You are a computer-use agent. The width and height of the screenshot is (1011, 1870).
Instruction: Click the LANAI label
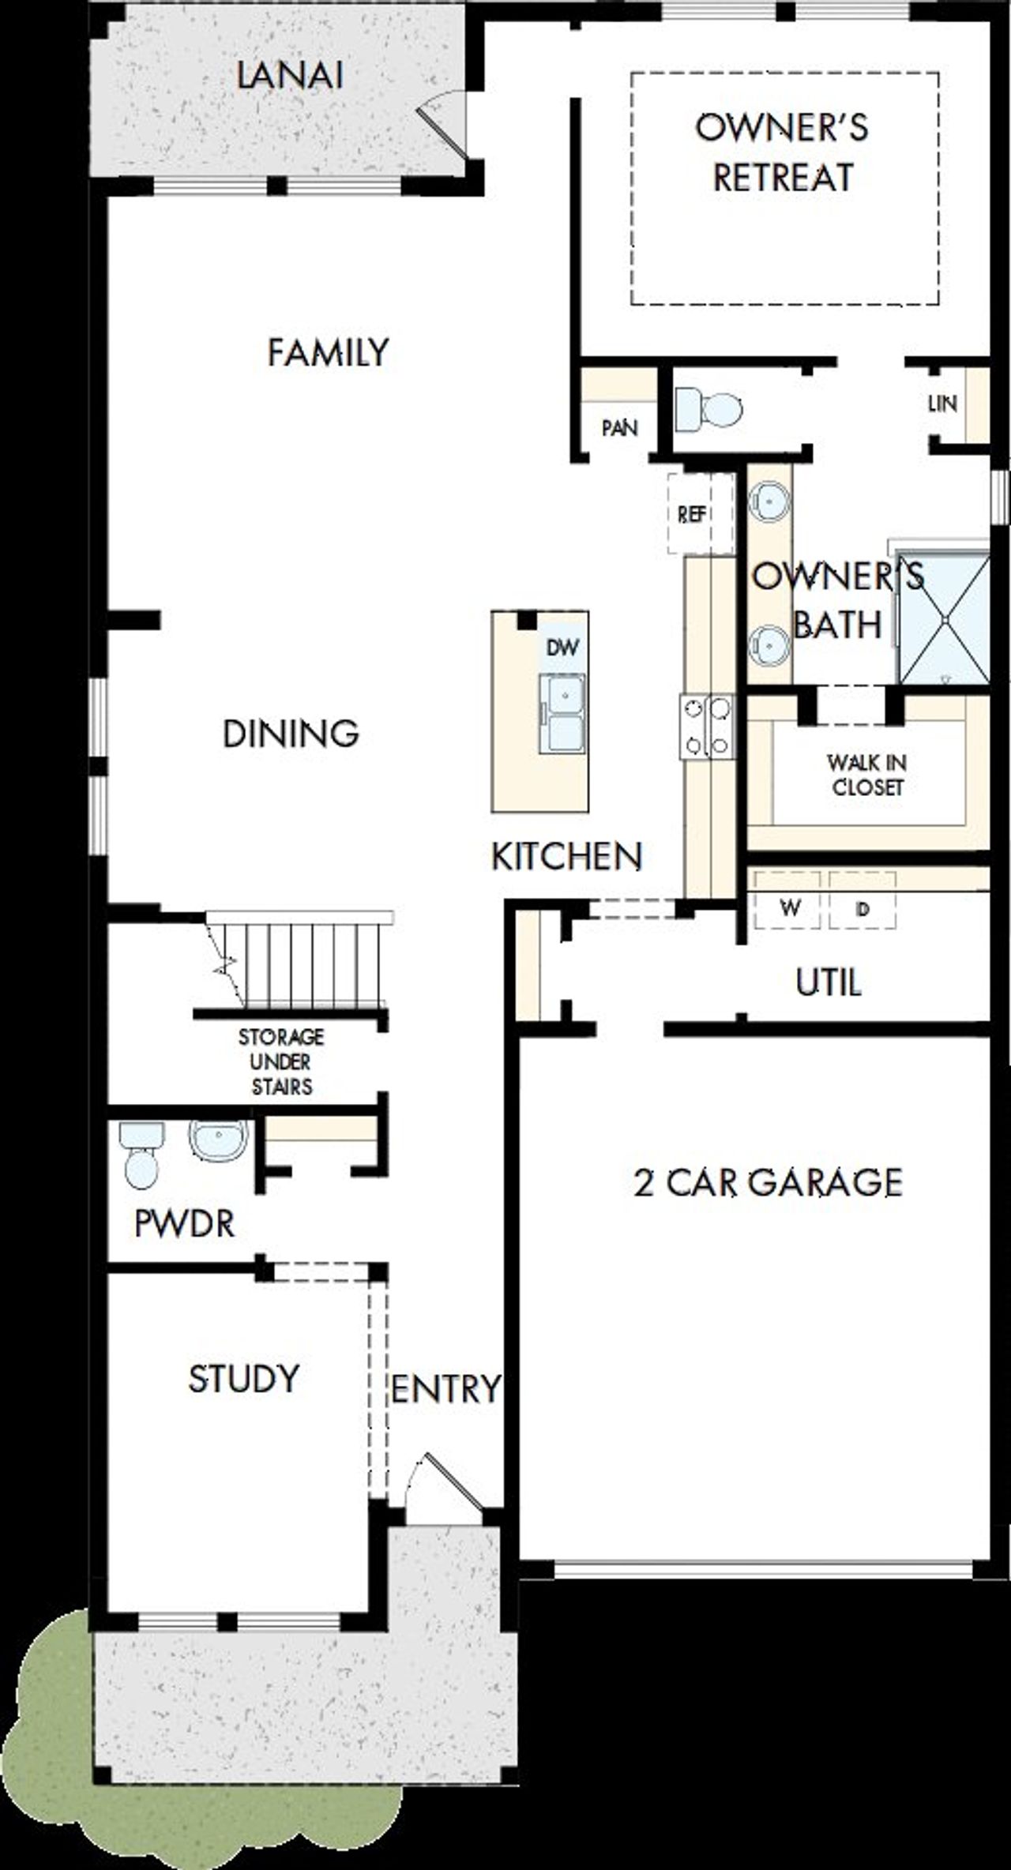coord(290,77)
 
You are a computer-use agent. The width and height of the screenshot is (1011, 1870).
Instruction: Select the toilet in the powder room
coord(141,1156)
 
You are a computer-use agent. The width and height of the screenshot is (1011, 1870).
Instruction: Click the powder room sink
coord(218,1140)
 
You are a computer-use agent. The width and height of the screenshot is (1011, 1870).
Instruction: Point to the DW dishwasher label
coord(562,648)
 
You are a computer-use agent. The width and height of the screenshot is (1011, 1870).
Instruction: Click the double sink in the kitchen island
coord(562,713)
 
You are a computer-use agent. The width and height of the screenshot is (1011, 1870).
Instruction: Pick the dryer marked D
coord(863,908)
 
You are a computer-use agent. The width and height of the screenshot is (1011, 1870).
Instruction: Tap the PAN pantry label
coord(620,428)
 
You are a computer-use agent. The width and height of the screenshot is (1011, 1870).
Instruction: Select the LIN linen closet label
coord(942,404)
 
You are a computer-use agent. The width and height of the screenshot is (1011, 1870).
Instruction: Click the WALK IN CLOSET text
coord(867,775)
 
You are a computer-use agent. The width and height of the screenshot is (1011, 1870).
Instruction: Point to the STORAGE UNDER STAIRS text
coord(281,1061)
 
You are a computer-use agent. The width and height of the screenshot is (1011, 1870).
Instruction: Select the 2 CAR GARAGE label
coord(768,1183)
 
